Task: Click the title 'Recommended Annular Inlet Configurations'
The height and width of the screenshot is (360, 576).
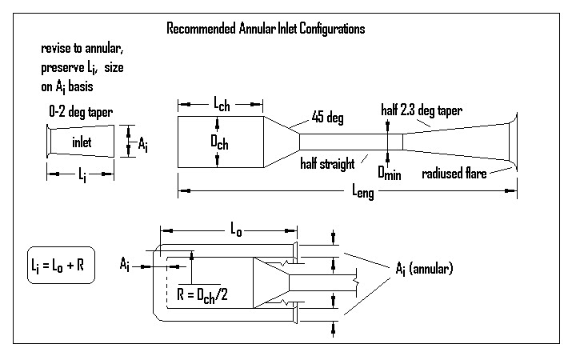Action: pos(266,29)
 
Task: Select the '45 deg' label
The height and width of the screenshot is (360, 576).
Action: pos(322,119)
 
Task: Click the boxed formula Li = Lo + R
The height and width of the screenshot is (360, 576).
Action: pos(60,266)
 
